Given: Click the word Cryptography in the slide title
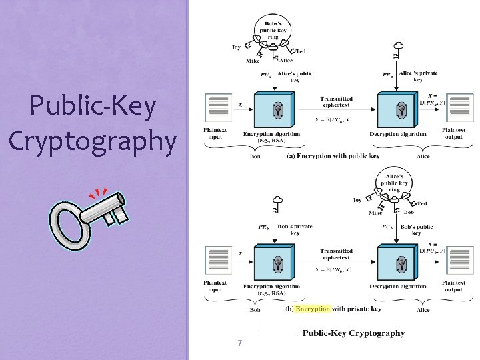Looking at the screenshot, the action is click(x=93, y=141).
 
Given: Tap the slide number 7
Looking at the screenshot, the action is click(x=239, y=343).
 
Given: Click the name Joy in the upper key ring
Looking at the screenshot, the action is click(x=236, y=47).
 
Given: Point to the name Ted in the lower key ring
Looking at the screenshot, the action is click(x=422, y=203).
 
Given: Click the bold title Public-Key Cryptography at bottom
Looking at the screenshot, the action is click(x=353, y=333).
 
